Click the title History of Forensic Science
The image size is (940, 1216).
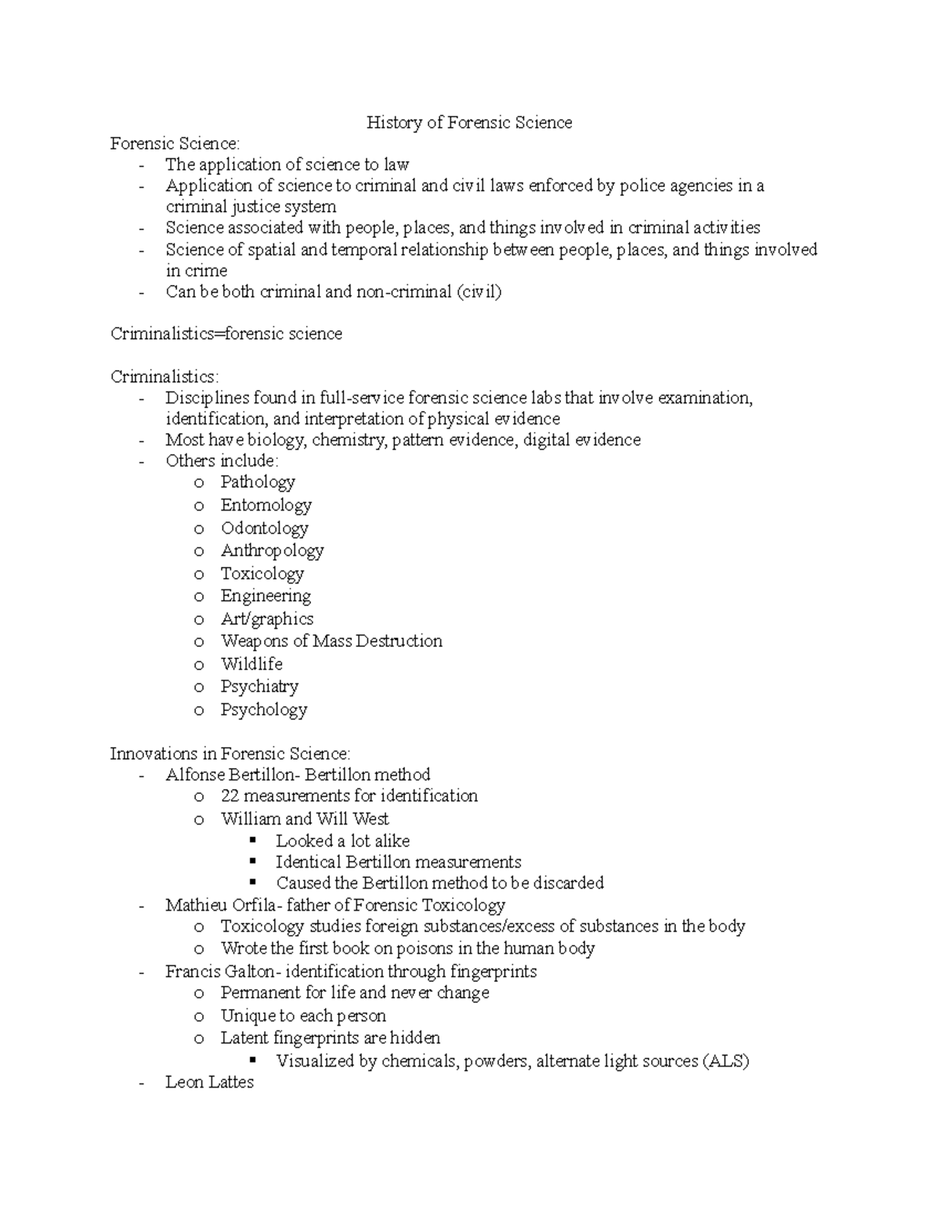coord(469,122)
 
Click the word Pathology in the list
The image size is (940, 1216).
coord(258,482)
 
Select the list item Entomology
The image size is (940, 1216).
coord(266,505)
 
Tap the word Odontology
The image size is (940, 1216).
coord(264,528)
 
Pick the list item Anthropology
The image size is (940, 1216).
coord(272,550)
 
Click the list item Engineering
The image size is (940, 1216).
coord(266,596)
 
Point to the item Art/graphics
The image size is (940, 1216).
coord(267,619)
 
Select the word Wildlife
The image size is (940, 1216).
coord(251,664)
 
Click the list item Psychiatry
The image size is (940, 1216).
coord(259,687)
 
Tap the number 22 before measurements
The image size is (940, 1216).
coord(230,796)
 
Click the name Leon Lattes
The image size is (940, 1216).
coord(209,1082)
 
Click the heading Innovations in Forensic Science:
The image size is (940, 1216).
coord(230,753)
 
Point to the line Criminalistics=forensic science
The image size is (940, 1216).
coord(226,334)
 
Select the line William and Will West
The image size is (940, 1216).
coord(305,819)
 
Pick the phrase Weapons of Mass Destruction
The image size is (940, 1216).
coord(331,641)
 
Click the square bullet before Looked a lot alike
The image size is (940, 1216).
coord(252,840)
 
